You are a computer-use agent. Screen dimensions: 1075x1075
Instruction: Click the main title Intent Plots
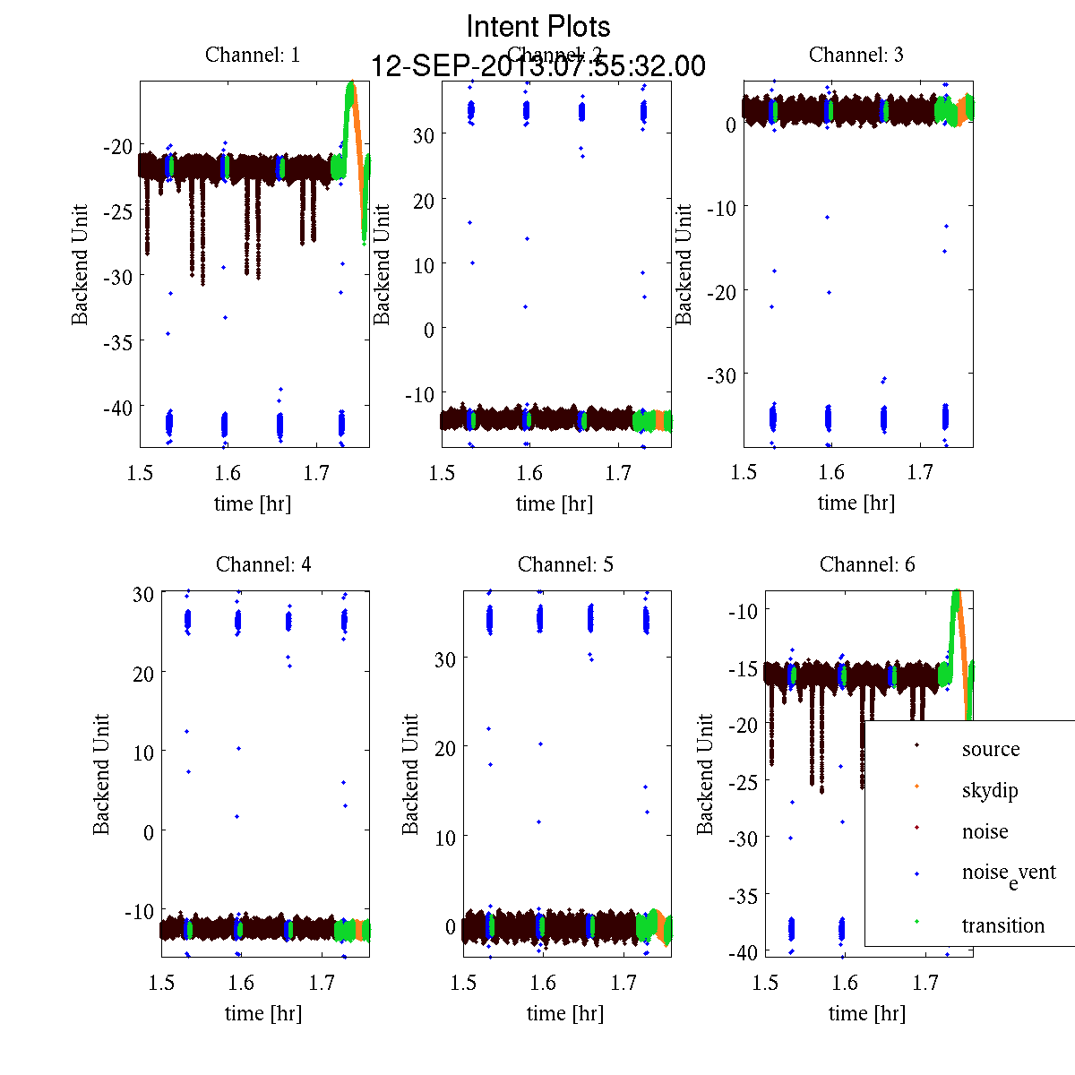[x=538, y=26]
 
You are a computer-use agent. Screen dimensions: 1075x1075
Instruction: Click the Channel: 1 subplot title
[x=253, y=55]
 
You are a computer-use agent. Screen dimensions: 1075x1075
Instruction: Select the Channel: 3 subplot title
[x=856, y=55]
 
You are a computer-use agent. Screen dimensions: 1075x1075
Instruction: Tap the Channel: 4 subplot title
[x=263, y=564]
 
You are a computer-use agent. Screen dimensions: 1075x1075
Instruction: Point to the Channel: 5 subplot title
[x=565, y=564]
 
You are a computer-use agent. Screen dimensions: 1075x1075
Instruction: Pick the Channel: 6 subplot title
[x=867, y=564]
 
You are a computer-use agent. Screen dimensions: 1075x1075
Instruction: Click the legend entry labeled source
[x=990, y=749]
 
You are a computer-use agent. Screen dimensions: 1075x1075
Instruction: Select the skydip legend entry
[x=989, y=790]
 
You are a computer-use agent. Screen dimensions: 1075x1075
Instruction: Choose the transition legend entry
[x=1002, y=925]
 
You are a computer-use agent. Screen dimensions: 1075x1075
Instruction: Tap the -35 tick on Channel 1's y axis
[x=118, y=341]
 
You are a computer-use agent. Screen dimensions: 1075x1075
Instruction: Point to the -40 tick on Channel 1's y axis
[x=118, y=407]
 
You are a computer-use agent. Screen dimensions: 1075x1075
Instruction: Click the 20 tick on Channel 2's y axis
[x=423, y=200]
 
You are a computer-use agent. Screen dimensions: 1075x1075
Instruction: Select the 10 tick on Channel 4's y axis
[x=142, y=752]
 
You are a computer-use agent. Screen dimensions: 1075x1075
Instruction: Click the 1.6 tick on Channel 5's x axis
[x=543, y=983]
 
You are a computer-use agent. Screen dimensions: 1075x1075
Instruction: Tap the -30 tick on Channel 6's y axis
[x=744, y=838]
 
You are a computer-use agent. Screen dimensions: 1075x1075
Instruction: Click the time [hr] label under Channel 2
[x=554, y=503]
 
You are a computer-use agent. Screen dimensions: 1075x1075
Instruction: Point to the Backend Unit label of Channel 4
[x=101, y=774]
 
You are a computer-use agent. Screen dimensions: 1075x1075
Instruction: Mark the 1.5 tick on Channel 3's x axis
[x=744, y=473]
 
